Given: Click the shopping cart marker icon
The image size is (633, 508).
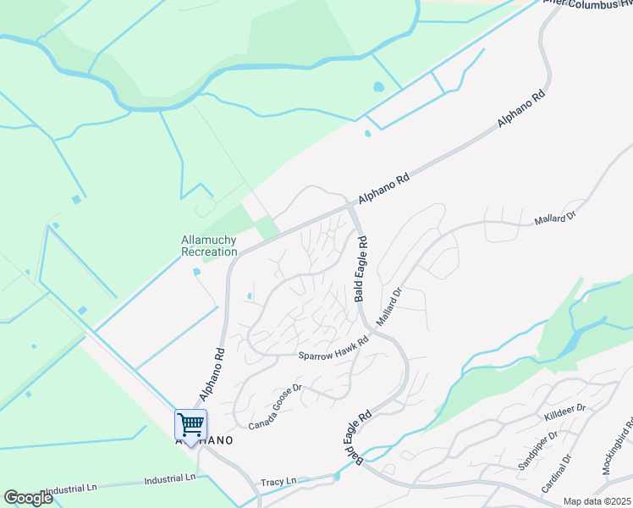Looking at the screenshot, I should [x=190, y=424].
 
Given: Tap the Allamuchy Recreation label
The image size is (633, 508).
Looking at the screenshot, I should [x=209, y=246].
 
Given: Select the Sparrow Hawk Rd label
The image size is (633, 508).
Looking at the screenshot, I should [x=333, y=349].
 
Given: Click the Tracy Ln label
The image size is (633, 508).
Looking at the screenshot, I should [x=278, y=481].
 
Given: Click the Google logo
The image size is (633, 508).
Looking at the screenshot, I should [x=29, y=498].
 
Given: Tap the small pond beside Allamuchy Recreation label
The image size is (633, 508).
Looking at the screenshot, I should [x=196, y=272].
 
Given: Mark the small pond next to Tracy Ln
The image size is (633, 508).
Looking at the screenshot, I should [x=337, y=477].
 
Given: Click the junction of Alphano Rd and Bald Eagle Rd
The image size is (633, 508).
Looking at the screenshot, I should [x=351, y=206].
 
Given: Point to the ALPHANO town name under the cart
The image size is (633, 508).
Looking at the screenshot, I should [x=203, y=441].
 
